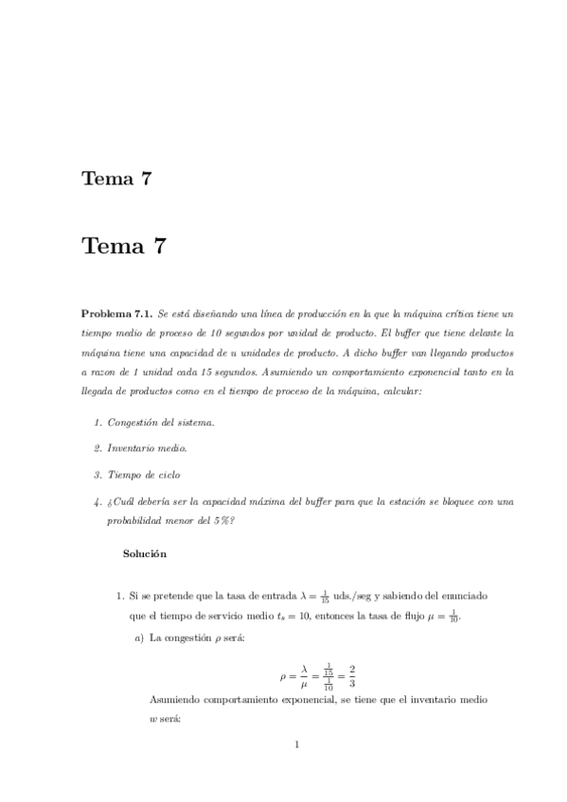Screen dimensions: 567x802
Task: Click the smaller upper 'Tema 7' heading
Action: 117,178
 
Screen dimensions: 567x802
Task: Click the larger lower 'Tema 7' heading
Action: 125,247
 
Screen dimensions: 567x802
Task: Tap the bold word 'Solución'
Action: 145,552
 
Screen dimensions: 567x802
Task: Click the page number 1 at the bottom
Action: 296,743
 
